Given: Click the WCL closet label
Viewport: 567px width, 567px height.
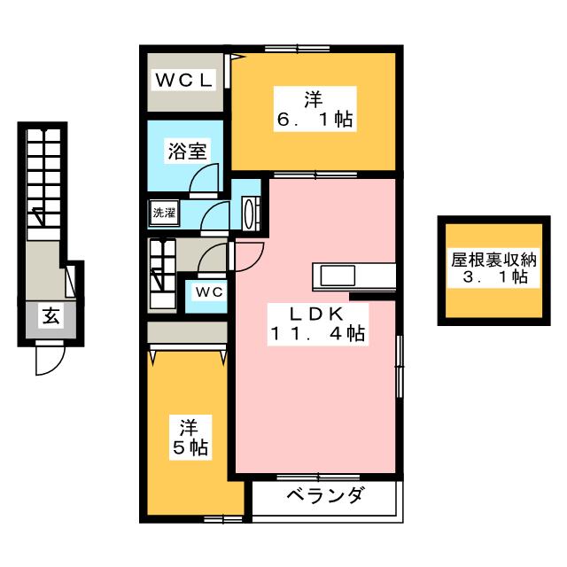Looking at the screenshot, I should (185, 80).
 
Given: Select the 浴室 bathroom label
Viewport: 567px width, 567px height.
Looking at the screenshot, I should (188, 151).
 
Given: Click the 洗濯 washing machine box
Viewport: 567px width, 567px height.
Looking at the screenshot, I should (163, 213).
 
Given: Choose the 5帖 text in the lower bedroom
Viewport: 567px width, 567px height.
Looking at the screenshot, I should (190, 448).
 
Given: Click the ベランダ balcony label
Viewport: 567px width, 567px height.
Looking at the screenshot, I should (323, 496).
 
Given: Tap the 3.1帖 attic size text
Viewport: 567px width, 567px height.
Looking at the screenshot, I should (494, 278).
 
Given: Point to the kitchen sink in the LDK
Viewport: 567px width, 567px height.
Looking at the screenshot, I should (337, 276).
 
